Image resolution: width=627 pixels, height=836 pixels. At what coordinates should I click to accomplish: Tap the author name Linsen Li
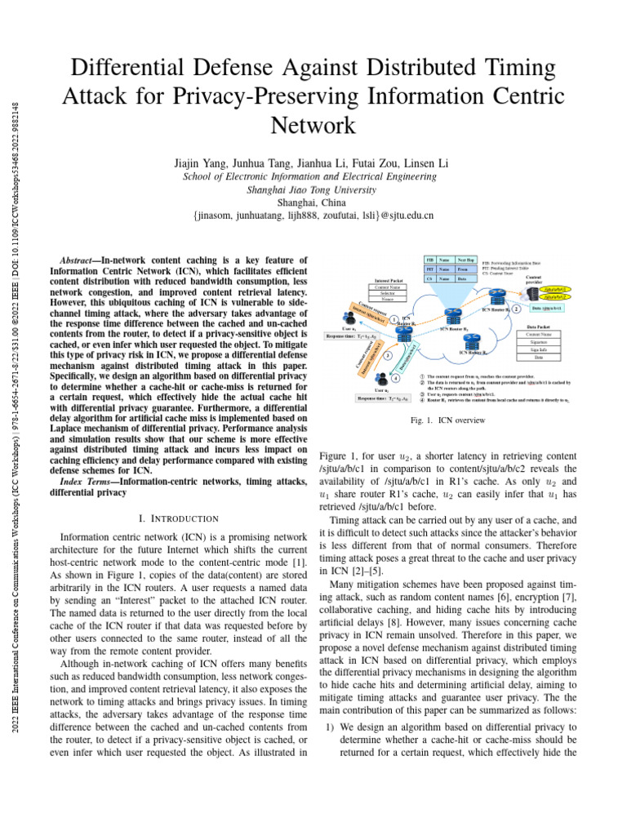(425, 163)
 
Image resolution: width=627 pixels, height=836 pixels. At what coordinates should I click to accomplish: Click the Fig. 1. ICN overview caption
(449, 420)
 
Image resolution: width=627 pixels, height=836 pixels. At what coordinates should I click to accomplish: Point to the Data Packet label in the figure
(538, 325)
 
